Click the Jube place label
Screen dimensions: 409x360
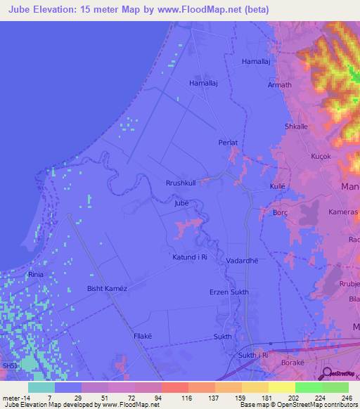click(181, 203)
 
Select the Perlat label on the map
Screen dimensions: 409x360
click(229, 143)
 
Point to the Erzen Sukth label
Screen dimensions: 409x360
click(229, 292)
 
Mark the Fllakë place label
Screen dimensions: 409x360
click(143, 337)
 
